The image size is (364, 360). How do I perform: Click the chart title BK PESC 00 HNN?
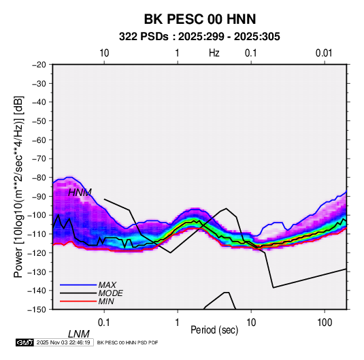pos(200,19)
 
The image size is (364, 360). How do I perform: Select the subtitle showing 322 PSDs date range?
pos(199,37)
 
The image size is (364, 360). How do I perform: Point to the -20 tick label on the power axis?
pos(39,65)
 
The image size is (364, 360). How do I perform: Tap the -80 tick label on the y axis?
pos(39,178)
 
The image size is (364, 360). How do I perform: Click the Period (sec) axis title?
pos(214,330)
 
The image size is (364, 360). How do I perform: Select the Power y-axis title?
pos(18,187)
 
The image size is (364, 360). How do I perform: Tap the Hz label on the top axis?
pos(214,53)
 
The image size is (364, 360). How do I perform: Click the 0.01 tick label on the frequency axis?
pos(324,53)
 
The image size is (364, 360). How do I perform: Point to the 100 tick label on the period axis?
pos(325,323)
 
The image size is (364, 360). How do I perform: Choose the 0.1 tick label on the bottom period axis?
pos(104,323)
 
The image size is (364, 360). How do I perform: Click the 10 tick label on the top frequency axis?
pos(104,53)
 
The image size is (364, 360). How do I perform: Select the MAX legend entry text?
pos(107,285)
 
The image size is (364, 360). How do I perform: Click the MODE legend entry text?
pos(110,293)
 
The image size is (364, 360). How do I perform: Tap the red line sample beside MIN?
pos(78,301)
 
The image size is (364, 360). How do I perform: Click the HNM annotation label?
pos(80,193)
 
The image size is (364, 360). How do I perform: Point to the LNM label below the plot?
pos(79,334)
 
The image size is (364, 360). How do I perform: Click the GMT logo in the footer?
pos(24,342)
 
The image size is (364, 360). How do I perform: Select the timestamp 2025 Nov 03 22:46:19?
pos(63,342)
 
